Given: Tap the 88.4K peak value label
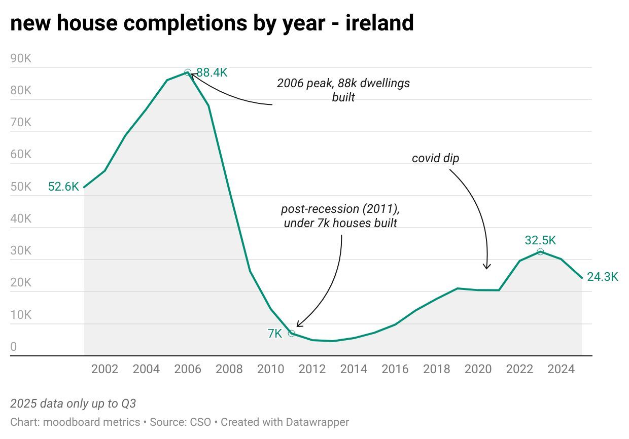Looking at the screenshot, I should (x=212, y=72).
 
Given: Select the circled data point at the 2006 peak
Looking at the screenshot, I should (x=188, y=72).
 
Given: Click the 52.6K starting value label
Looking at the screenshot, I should (x=63, y=187).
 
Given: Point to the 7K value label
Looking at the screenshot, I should (x=274, y=334).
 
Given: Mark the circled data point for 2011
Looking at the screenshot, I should (x=291, y=333).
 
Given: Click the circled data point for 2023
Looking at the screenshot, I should (x=540, y=252).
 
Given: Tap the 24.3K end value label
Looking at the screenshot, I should (x=603, y=277).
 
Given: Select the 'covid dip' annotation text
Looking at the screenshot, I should (x=435, y=158).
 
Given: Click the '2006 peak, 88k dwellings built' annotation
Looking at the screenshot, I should (x=343, y=90).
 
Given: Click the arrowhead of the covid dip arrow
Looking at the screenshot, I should (x=487, y=267).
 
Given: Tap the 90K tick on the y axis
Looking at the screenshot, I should (x=21, y=58).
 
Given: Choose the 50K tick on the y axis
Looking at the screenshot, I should (x=21, y=187).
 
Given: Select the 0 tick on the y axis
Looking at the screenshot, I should (x=14, y=347).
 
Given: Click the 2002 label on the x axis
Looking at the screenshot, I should (x=104, y=369).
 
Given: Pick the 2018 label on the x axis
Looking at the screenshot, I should (x=436, y=369).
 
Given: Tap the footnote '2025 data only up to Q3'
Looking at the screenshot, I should (x=73, y=404).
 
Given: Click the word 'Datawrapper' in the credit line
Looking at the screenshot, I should (x=317, y=422).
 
